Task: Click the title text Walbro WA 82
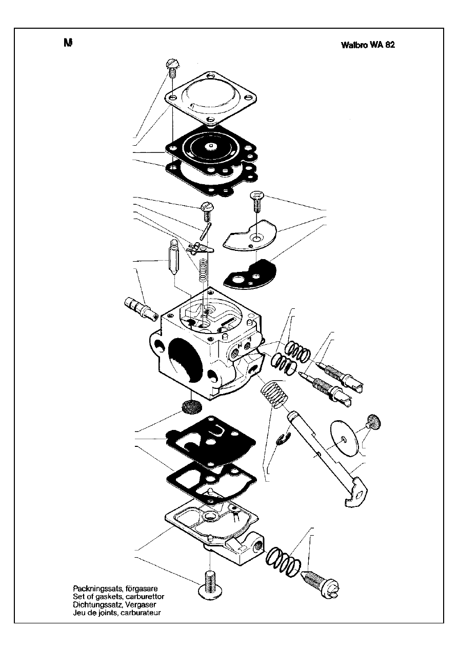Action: coord(367,45)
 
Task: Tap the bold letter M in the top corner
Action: coord(67,43)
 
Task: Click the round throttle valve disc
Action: coord(345,437)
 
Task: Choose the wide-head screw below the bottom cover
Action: coord(209,585)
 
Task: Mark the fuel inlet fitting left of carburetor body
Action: coord(140,308)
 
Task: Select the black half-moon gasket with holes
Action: coord(249,275)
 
